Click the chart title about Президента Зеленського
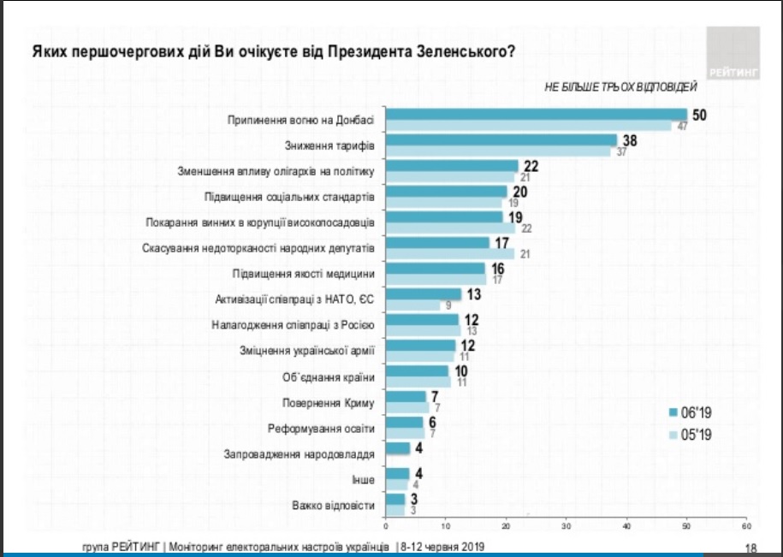pos(273,50)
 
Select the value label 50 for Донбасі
pos(698,115)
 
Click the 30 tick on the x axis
pos(566,524)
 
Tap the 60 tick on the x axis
pos(746,524)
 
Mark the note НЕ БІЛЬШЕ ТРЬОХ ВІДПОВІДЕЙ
pos(621,87)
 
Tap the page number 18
pos(751,548)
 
